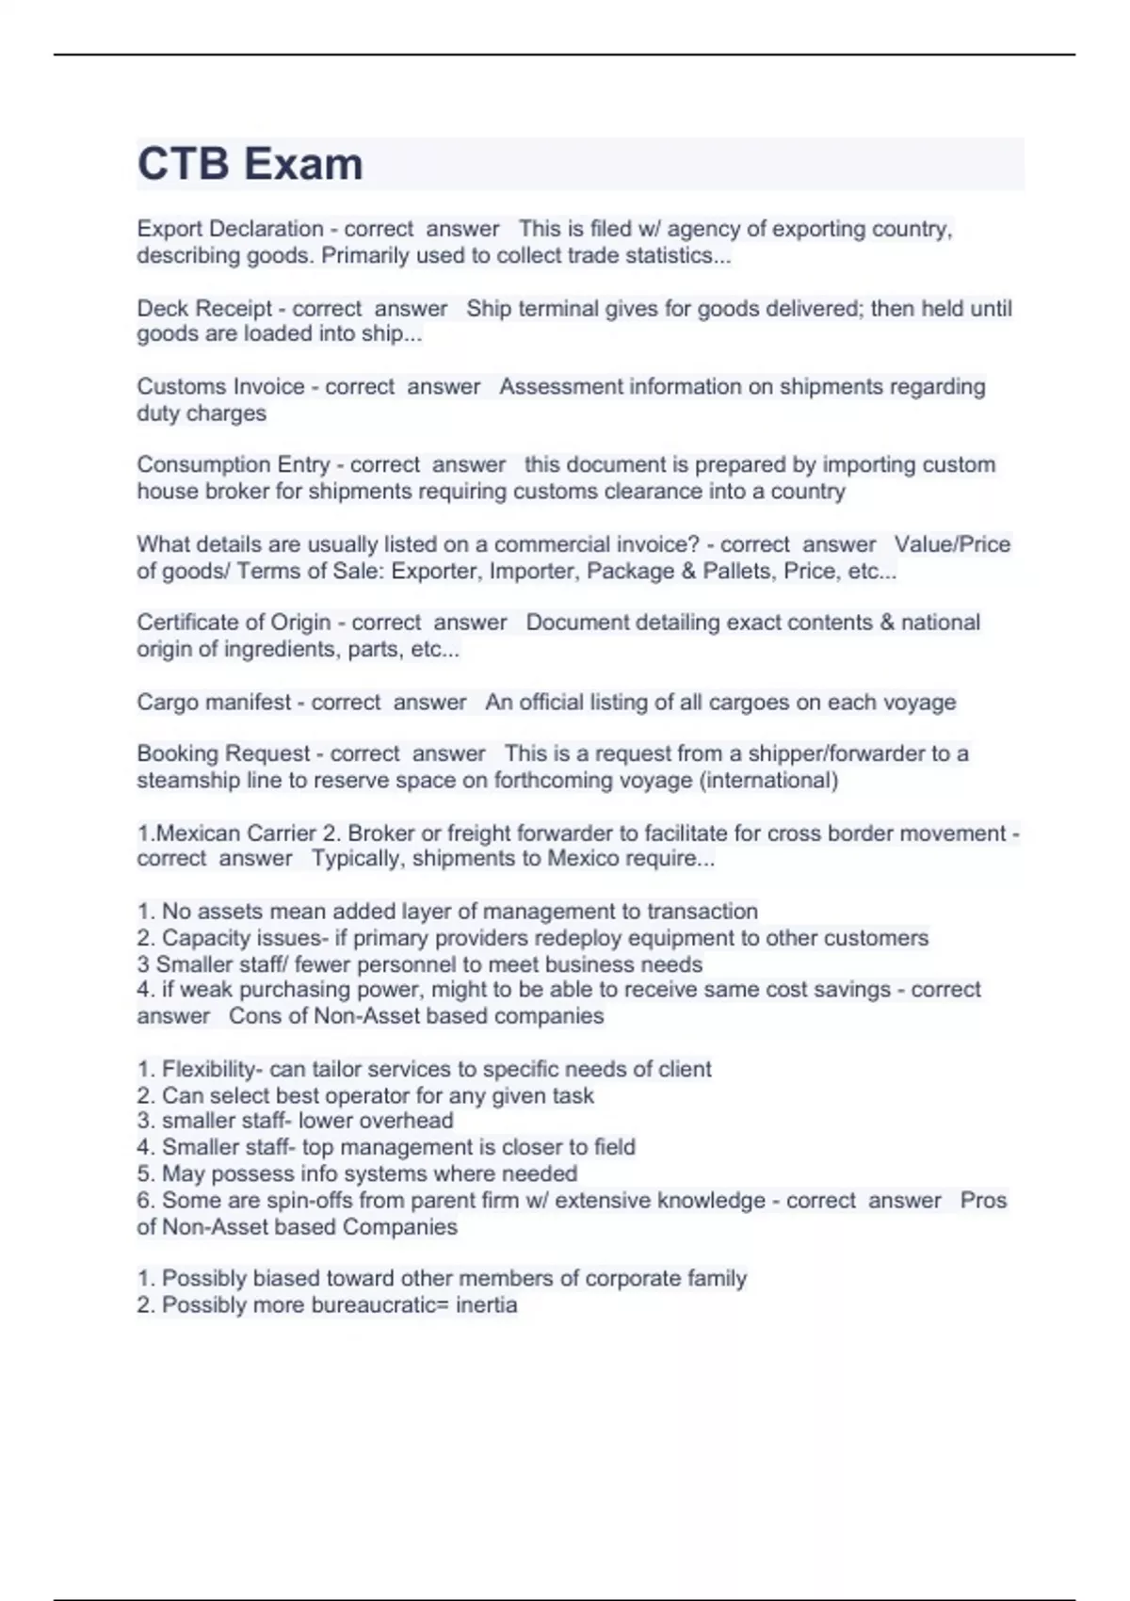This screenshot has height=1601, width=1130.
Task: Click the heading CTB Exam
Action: [250, 164]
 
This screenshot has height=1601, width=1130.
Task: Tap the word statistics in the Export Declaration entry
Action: [675, 256]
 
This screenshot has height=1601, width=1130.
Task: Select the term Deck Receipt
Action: [204, 309]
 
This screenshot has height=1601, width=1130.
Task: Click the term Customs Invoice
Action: [220, 387]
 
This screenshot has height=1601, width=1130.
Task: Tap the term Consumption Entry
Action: [233, 465]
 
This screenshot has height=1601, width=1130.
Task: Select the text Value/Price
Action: [952, 544]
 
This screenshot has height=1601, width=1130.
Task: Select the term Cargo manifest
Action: [215, 703]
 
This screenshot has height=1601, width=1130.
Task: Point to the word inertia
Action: [486, 1305]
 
